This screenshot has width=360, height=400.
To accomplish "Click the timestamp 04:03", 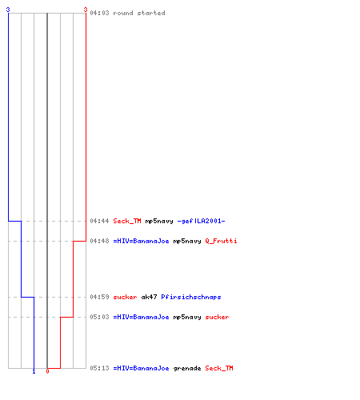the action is pyautogui.click(x=99, y=13).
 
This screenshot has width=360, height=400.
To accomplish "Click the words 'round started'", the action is pyautogui.click(x=139, y=13).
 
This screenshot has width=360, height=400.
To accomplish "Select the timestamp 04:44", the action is pyautogui.click(x=99, y=221).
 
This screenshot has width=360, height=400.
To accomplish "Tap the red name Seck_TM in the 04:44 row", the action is pyautogui.click(x=127, y=221).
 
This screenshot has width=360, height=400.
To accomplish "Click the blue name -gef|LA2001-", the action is pyautogui.click(x=201, y=221).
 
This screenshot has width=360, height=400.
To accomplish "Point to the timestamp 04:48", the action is pyautogui.click(x=99, y=241).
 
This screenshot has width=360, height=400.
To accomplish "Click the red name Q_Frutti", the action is pyautogui.click(x=221, y=241).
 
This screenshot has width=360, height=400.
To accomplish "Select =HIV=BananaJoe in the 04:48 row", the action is pyautogui.click(x=141, y=241).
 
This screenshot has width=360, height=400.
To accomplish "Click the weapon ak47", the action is pyautogui.click(x=149, y=297).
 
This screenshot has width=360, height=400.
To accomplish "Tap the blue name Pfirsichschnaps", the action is pyautogui.click(x=191, y=297).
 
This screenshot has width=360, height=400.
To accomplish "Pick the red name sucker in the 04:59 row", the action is pyautogui.click(x=125, y=297).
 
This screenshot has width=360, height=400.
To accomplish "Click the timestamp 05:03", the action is pyautogui.click(x=99, y=317).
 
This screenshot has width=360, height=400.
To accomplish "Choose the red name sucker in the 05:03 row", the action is pyautogui.click(x=217, y=317).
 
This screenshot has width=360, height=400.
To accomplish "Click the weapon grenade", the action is pyautogui.click(x=187, y=368).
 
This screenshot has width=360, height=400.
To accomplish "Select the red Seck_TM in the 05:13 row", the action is pyautogui.click(x=219, y=368).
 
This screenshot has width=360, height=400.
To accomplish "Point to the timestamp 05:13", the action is pyautogui.click(x=99, y=368).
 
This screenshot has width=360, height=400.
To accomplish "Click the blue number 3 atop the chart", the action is pyautogui.click(x=8, y=10).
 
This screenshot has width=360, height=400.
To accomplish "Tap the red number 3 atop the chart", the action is pyautogui.click(x=86, y=10).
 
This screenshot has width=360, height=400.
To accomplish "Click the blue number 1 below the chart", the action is pyautogui.click(x=34, y=371).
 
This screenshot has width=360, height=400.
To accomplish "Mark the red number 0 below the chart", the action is pyautogui.click(x=47, y=371).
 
